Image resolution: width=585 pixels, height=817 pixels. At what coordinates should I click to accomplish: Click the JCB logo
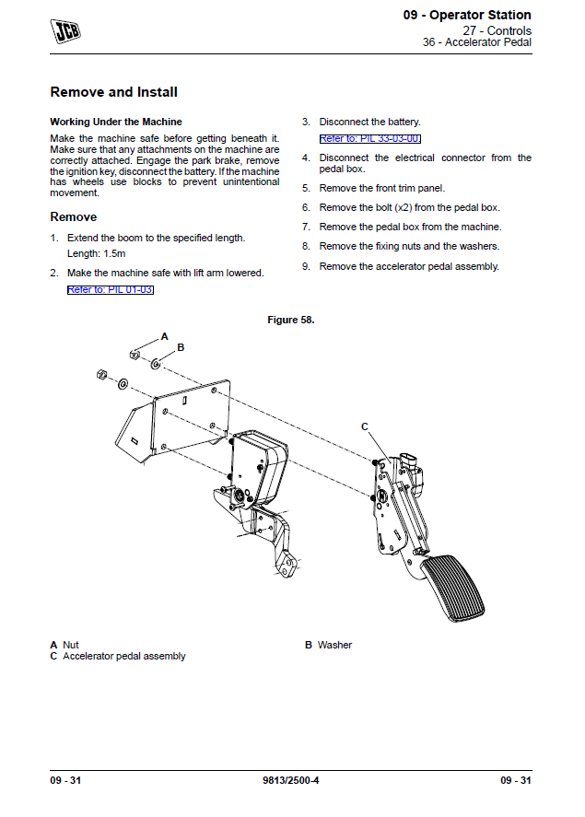click(x=65, y=31)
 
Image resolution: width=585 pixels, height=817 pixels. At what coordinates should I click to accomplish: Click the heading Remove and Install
click(x=113, y=92)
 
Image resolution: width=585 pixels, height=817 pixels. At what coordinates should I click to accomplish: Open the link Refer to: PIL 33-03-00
click(x=369, y=138)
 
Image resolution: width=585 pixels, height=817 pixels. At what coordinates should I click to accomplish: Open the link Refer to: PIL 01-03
click(x=111, y=289)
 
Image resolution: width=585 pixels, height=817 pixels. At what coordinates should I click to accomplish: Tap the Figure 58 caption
click(x=290, y=320)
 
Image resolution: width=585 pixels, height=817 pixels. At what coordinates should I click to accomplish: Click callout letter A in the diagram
click(x=165, y=336)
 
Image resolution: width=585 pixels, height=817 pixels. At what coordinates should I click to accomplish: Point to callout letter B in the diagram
click(x=181, y=347)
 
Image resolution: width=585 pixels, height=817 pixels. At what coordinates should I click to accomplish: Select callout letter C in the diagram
click(x=365, y=426)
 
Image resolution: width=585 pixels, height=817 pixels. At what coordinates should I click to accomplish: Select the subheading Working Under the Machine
click(x=115, y=122)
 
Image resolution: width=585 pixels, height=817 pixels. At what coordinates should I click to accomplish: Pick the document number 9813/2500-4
click(x=290, y=781)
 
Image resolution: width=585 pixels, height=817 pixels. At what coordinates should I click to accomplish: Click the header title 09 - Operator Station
click(x=467, y=16)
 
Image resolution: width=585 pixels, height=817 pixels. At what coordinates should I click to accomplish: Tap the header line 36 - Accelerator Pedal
click(x=476, y=42)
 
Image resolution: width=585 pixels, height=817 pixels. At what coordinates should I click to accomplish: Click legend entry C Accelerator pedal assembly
click(x=118, y=657)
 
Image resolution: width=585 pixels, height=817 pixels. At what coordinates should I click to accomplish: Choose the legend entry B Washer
click(x=329, y=645)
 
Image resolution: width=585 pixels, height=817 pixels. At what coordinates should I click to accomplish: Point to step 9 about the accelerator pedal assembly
click(x=408, y=266)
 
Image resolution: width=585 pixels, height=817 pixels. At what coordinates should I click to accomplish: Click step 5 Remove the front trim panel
click(x=381, y=188)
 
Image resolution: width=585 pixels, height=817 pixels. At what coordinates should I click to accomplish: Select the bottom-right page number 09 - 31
click(x=516, y=781)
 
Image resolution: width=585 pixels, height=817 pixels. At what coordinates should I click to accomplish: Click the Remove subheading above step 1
click(x=73, y=217)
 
